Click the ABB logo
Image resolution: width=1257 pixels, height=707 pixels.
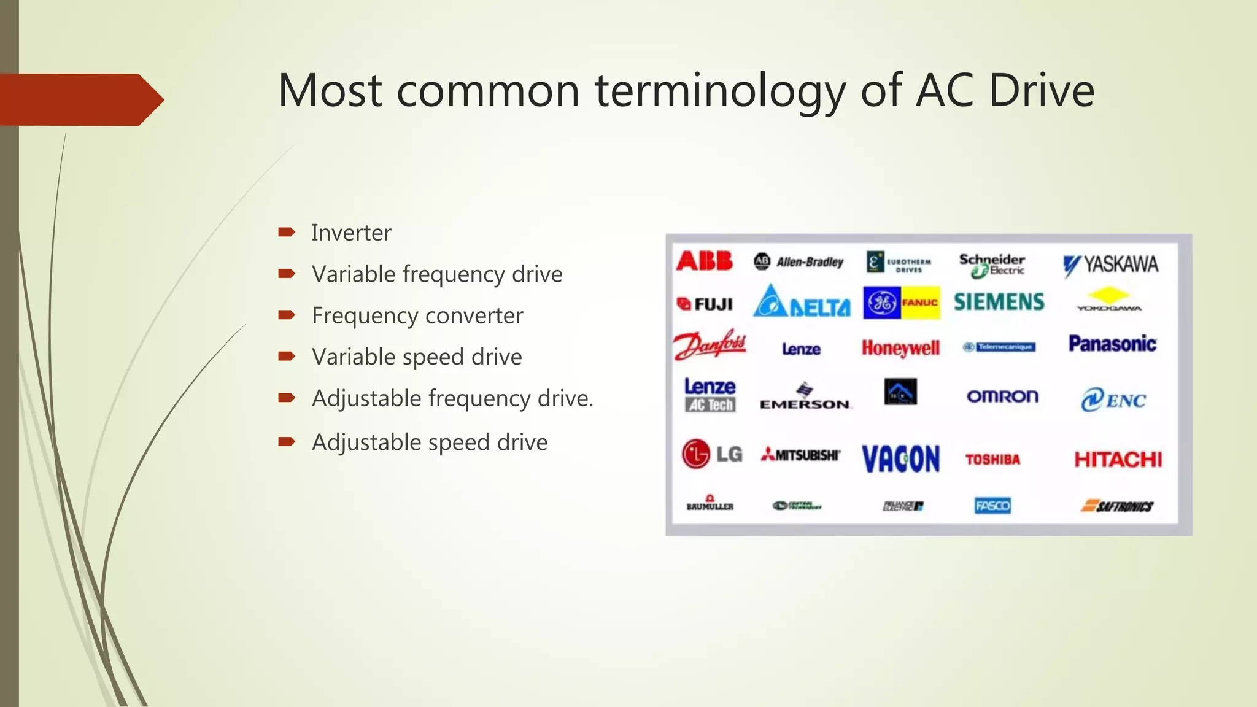pos(704,261)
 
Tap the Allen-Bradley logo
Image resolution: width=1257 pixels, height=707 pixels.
pos(799,262)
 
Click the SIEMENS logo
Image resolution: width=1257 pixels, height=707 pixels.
pos(999,302)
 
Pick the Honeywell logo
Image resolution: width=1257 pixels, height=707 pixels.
pos(900,348)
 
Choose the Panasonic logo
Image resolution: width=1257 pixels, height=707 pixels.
pos(1112,344)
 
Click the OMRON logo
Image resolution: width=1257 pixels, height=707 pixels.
pos(1002,396)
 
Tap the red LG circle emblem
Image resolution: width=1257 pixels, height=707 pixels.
pos(696,454)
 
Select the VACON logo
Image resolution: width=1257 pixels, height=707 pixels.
pos(900,459)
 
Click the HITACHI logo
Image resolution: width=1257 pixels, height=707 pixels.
pos(1118,460)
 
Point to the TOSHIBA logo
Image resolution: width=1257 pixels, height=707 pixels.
pos(992,460)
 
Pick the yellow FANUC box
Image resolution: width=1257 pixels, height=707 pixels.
pos(920,303)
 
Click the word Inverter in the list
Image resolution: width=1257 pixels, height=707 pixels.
pos(351,233)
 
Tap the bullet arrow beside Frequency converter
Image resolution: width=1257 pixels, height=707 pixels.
pos(287,315)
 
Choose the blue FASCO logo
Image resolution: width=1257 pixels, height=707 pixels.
pos(992,506)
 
